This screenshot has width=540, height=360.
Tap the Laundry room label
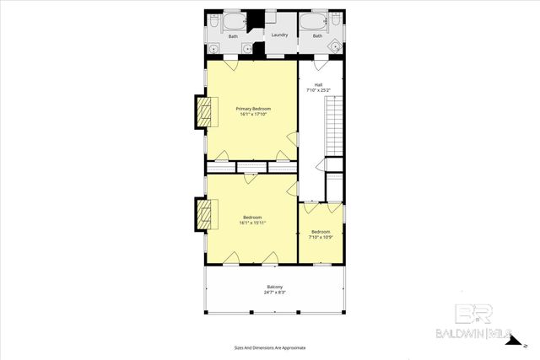279,35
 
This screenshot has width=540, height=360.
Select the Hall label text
318,84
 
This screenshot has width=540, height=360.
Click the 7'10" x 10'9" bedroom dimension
321,237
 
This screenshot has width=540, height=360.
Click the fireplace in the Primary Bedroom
203,113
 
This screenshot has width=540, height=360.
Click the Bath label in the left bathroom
233,36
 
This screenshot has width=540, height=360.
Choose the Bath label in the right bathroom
317,36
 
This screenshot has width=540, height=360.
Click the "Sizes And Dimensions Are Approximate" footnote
269,347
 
